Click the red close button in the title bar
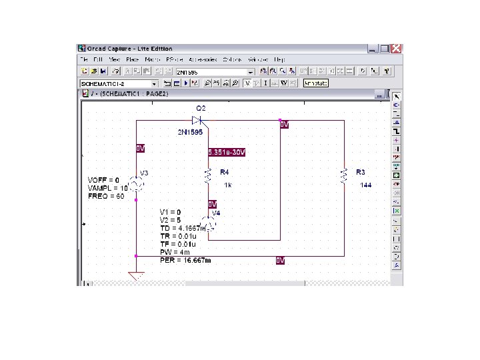(x=396, y=49)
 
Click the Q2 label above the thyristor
(x=201, y=108)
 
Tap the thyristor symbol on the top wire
(x=197, y=120)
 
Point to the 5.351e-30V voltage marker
(x=227, y=152)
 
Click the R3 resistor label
(x=361, y=171)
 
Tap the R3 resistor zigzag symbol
(x=344, y=175)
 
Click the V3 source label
(x=144, y=173)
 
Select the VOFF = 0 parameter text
(x=103, y=180)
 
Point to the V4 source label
(x=215, y=213)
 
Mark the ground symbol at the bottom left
(x=136, y=275)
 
